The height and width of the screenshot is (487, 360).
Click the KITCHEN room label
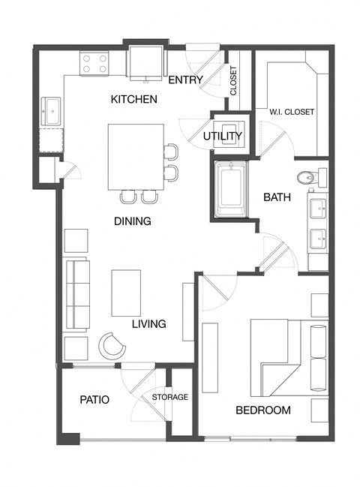[133, 99]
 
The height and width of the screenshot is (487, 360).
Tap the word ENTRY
[183, 80]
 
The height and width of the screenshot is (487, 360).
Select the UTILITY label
[223, 136]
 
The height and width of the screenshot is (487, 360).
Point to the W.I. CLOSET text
[291, 113]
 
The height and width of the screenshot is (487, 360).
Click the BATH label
[277, 197]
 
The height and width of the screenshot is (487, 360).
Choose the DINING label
[133, 221]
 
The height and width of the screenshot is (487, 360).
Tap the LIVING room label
[148, 324]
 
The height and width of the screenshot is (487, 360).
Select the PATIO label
[94, 400]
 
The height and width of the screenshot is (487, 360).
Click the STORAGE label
[170, 397]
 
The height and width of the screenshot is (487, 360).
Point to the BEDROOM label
[263, 410]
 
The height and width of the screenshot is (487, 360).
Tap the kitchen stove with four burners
[95, 63]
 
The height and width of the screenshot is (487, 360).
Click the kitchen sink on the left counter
[52, 113]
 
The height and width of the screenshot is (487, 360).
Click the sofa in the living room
[76, 294]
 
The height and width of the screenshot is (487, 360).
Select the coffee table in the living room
[126, 293]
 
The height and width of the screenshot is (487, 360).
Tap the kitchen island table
[136, 157]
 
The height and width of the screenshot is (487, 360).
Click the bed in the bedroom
[289, 352]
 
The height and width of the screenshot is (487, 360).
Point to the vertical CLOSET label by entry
[234, 80]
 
